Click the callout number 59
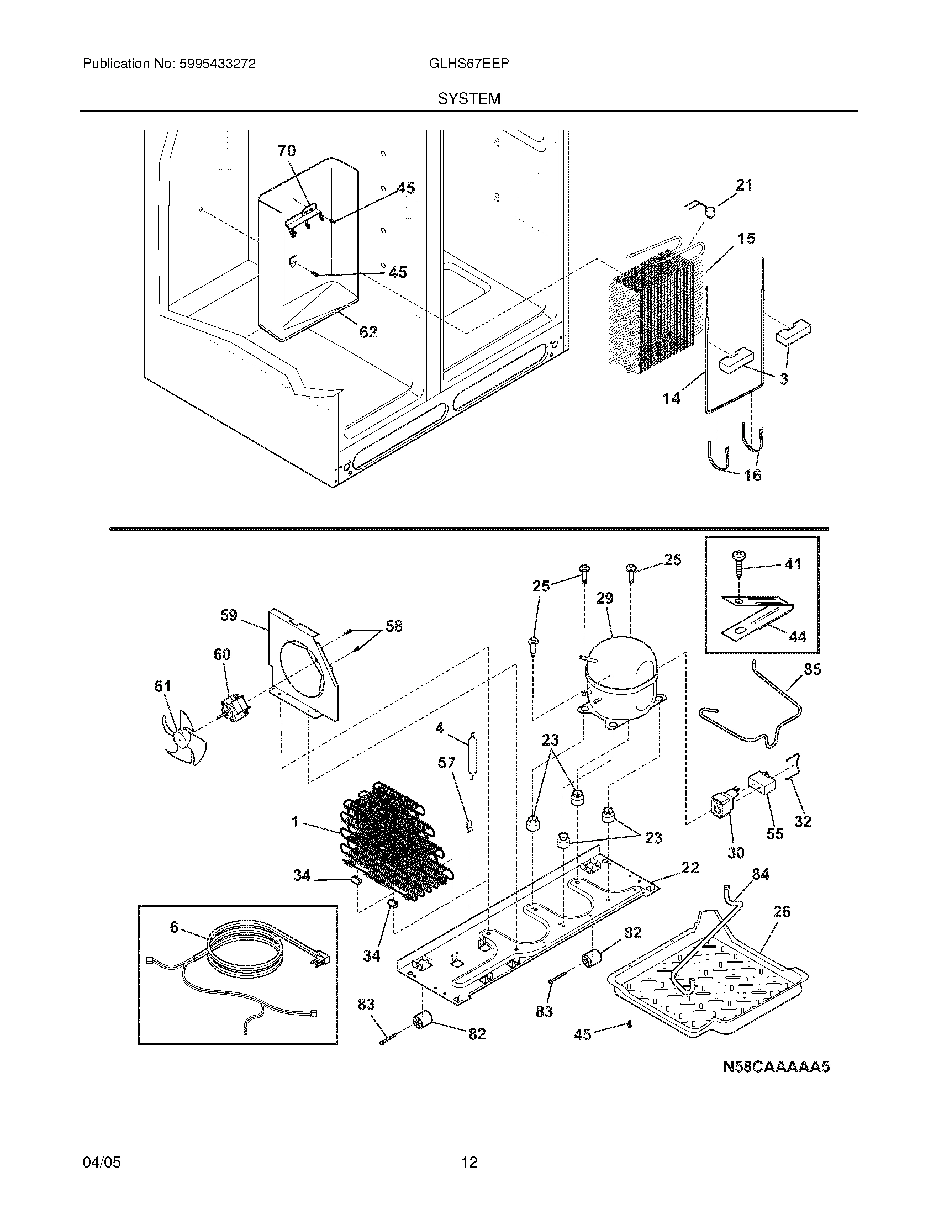pos(229,615)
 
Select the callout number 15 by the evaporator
pos(746,238)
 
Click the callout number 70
pos(287,151)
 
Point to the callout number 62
pos(368,332)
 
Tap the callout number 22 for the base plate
pos(690,867)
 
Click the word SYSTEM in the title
pos(469,99)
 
